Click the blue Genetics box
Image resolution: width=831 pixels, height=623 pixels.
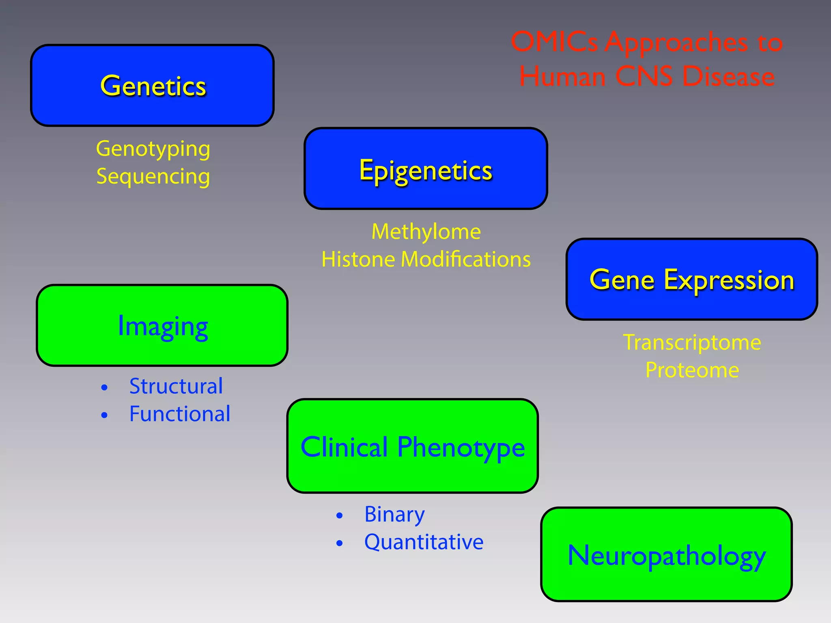(x=152, y=86)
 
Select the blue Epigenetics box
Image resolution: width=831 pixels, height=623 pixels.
(x=426, y=169)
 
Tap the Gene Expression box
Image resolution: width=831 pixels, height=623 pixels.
(x=691, y=279)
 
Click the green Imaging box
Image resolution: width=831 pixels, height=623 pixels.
(x=162, y=326)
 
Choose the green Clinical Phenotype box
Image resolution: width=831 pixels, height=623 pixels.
(x=412, y=446)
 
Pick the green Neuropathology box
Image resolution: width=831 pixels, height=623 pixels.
(x=666, y=554)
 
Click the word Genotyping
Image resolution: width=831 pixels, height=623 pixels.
(x=153, y=149)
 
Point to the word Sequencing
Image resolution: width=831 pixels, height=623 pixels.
(x=153, y=176)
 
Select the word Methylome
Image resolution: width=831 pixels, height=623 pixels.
(x=426, y=232)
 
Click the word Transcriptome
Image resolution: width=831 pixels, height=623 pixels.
(x=692, y=342)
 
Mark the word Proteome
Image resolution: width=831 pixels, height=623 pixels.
(x=692, y=370)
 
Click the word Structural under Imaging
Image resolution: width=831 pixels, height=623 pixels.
(x=176, y=386)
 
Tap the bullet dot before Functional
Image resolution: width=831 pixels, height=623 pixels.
(x=104, y=415)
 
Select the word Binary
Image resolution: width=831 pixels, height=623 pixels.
(x=394, y=514)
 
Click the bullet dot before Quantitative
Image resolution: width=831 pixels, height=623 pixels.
(x=340, y=544)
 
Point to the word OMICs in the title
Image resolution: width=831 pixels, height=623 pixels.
(x=554, y=42)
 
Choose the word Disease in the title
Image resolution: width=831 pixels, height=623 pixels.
(x=728, y=76)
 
